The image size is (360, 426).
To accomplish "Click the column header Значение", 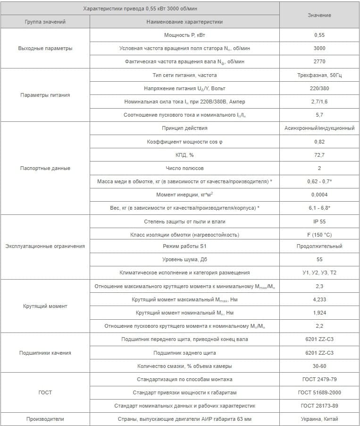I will (319, 15).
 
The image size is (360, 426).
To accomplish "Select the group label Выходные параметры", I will (45, 48).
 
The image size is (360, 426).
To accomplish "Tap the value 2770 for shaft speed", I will (319, 61).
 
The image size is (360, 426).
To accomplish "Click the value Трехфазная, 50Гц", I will (319, 75).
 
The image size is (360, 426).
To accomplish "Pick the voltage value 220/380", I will (319, 88).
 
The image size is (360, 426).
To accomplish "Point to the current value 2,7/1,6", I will (319, 102).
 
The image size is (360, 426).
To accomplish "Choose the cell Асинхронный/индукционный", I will (319, 128).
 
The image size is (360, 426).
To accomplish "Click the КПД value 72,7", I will (319, 155).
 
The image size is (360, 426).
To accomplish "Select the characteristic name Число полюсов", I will (184, 168).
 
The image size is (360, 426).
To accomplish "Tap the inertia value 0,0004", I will (319, 195).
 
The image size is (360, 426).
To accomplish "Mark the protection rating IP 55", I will (319, 222).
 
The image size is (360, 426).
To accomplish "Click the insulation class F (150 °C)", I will (319, 235).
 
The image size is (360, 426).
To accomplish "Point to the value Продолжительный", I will (319, 246).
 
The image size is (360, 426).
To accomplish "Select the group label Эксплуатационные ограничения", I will (45, 246).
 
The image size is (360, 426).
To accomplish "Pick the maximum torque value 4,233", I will (319, 299).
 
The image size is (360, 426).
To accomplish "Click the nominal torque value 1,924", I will (319, 313).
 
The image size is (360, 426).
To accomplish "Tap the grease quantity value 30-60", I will (319, 366).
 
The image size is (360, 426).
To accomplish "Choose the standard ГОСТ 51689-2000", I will (319, 392).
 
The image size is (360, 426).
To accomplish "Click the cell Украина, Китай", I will (319, 419).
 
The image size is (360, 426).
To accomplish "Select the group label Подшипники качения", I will (45, 353).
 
